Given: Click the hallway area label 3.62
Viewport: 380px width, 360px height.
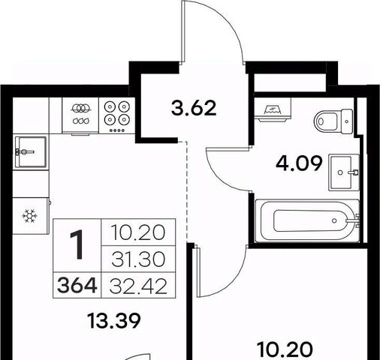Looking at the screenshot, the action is (x=194, y=108).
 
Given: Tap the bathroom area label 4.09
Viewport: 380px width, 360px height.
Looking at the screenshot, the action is (x=299, y=163).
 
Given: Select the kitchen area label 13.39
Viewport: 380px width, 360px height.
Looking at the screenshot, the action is (x=114, y=321).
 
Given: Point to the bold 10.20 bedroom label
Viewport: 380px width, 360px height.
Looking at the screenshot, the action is (x=285, y=349).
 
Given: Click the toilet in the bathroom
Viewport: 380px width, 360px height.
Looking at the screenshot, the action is (x=333, y=121).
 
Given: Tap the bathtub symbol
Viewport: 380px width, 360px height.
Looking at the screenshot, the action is (x=308, y=220).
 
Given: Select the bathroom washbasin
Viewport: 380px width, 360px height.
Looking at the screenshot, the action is (x=344, y=172).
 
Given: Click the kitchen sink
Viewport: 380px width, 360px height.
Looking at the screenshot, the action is (x=31, y=152).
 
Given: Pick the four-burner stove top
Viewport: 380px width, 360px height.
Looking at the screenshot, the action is (x=117, y=115).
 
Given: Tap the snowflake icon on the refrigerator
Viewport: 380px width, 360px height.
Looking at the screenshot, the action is (x=30, y=216).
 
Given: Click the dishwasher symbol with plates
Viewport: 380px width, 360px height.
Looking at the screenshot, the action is (x=80, y=114).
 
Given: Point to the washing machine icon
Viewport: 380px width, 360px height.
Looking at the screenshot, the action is (x=273, y=109).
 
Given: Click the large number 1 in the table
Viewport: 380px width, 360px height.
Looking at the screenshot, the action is (x=77, y=244).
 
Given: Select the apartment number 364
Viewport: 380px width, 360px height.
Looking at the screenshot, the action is (x=77, y=286).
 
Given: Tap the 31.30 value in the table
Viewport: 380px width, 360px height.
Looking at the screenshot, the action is (x=138, y=259).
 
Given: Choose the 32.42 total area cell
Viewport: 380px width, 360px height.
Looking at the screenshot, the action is (x=138, y=286).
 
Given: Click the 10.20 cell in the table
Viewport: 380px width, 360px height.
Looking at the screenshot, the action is (x=138, y=232).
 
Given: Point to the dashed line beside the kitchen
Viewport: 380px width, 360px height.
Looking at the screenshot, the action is (x=186, y=190).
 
